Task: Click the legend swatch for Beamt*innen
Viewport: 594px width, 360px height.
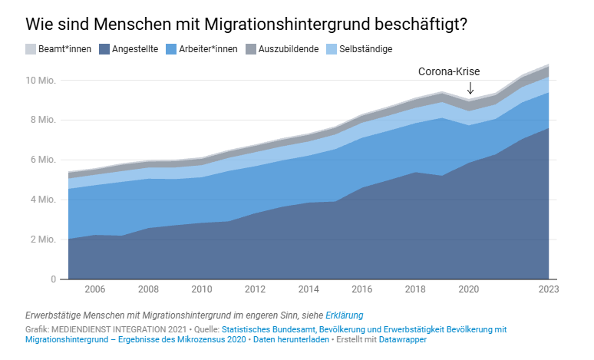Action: [x=31, y=49]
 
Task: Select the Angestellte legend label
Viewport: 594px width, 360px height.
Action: [x=135, y=49]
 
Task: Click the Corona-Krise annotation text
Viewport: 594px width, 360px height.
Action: [x=449, y=71]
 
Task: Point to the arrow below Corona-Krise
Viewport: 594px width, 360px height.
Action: [x=470, y=88]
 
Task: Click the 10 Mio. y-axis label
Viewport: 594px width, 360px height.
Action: [x=41, y=81]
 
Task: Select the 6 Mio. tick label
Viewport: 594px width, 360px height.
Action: [x=43, y=160]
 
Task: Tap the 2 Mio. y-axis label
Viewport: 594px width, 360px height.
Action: [x=43, y=239]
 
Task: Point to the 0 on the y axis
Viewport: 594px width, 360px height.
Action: [x=54, y=279]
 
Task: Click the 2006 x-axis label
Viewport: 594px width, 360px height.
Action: [x=94, y=289]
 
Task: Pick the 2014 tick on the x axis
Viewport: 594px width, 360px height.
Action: [x=309, y=289]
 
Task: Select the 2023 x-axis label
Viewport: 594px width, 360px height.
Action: [x=549, y=289]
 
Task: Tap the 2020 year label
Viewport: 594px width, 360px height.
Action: [x=469, y=289]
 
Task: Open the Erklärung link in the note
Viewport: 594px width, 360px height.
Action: [x=345, y=315]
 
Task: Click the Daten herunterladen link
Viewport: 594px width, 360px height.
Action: [x=291, y=339]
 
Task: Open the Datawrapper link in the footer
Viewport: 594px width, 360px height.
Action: [x=403, y=339]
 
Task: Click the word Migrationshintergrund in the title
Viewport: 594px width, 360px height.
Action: [x=287, y=25]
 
